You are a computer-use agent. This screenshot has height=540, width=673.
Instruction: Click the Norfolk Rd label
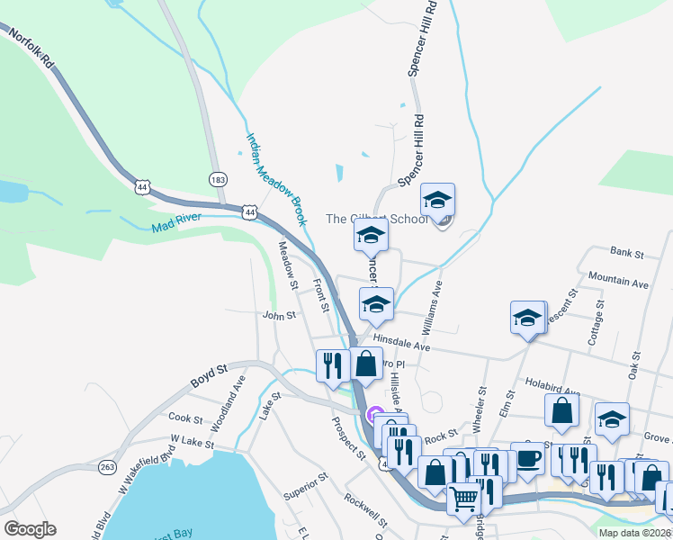click(x=33, y=53)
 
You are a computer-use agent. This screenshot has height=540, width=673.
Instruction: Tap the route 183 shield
click(x=217, y=179)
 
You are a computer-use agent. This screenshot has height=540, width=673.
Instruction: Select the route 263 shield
click(x=108, y=466)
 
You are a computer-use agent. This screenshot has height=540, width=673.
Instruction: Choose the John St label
click(x=279, y=316)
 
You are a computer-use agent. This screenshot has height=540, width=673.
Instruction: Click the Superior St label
click(x=304, y=489)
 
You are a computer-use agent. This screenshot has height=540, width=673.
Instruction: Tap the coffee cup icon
click(x=527, y=456)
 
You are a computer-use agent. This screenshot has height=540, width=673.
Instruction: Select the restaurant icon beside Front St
click(x=332, y=364)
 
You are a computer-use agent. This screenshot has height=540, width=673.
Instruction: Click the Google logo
click(x=30, y=529)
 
